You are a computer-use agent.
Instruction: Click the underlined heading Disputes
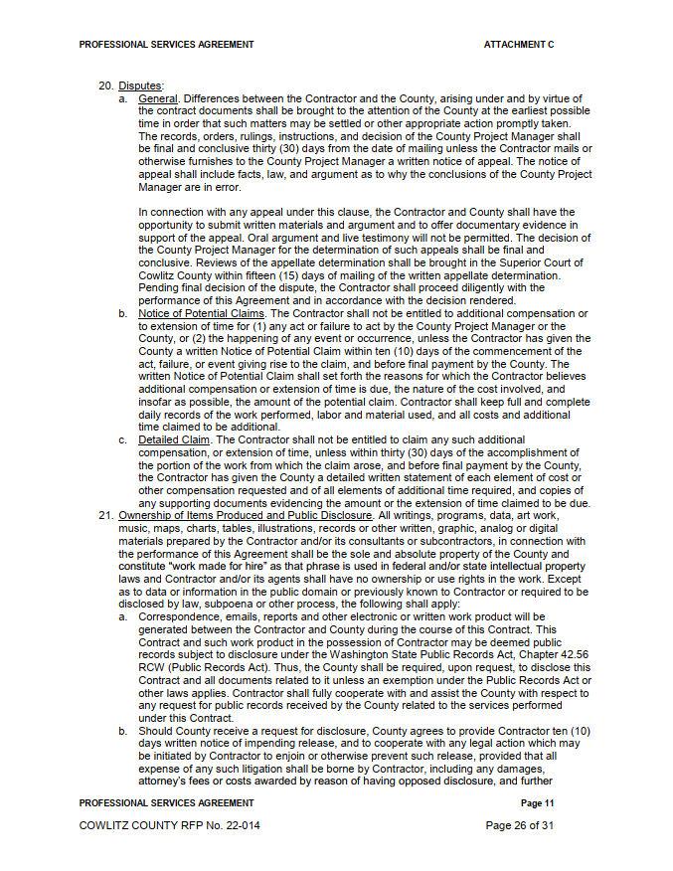(x=140, y=86)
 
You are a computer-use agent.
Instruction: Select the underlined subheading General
(x=158, y=98)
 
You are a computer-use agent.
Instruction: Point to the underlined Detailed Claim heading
(x=174, y=439)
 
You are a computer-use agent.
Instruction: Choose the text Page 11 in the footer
(x=537, y=802)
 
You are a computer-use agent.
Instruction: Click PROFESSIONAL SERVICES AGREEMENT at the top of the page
(x=166, y=45)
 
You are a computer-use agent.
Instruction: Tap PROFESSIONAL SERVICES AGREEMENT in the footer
(x=166, y=802)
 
